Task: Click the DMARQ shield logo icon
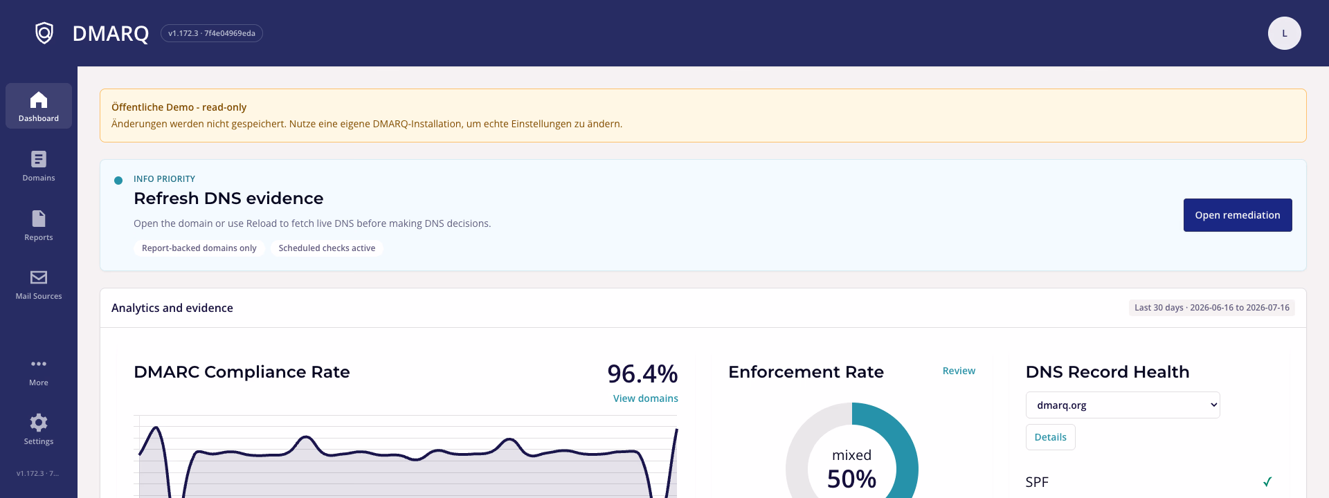[x=44, y=33]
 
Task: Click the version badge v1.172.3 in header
[x=212, y=33]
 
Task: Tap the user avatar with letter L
[x=1284, y=33]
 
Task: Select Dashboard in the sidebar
[x=39, y=106]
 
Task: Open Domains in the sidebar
[x=39, y=166]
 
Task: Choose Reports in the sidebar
[x=39, y=225]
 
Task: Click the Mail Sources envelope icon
[x=39, y=277]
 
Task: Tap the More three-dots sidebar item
[x=39, y=371]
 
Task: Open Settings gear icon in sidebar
[x=39, y=422]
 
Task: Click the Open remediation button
[x=1238, y=215]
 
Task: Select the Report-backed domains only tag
[x=199, y=248]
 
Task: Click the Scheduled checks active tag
[x=327, y=248]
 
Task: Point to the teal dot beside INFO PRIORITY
[x=118, y=181]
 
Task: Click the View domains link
[x=646, y=398]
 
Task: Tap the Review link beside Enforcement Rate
[x=959, y=371]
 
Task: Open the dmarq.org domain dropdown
[x=1123, y=405]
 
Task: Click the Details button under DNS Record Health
[x=1051, y=437]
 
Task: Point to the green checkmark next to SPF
[x=1267, y=482]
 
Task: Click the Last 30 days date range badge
[x=1212, y=308]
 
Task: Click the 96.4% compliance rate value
[x=642, y=373]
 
